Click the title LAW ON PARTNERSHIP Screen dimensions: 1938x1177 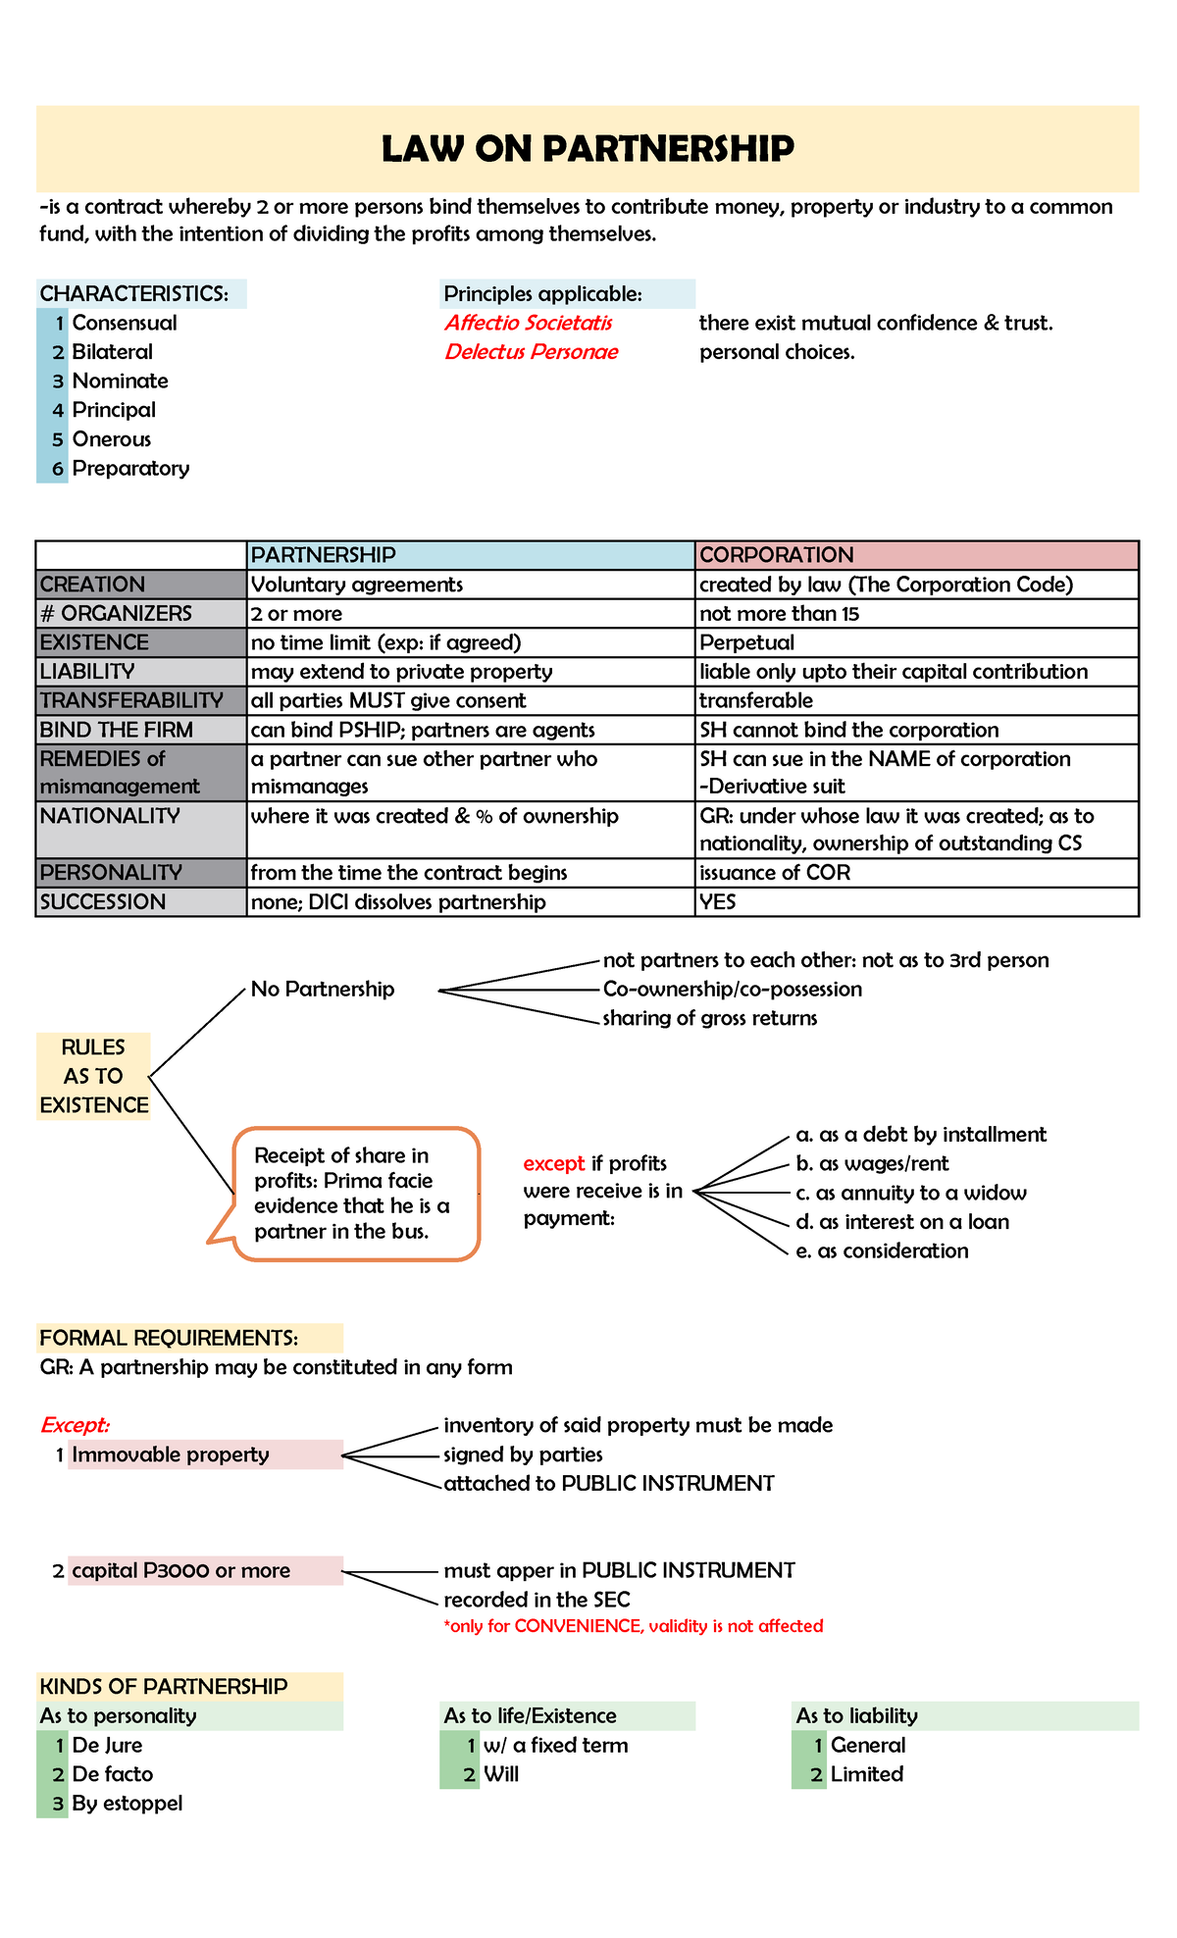(x=588, y=149)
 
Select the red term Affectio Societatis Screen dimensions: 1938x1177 (x=529, y=323)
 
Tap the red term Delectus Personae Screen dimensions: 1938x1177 (x=531, y=352)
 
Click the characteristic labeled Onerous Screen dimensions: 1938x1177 (x=112, y=439)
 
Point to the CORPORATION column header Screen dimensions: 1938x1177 (x=777, y=555)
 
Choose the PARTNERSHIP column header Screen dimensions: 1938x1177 (x=324, y=555)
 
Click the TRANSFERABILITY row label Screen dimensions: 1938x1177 (x=131, y=700)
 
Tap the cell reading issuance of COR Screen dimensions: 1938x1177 (x=775, y=873)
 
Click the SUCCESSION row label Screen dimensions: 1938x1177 (x=103, y=902)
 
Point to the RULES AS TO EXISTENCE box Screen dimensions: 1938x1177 (x=93, y=1076)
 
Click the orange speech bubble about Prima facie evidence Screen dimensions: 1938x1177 (x=353, y=1194)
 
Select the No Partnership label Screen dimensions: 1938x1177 (x=323, y=989)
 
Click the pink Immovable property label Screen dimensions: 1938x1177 (x=171, y=1454)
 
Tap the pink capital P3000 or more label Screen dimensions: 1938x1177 (x=181, y=1570)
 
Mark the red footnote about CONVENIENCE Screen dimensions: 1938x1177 (x=634, y=1626)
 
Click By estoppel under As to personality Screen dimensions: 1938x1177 (x=128, y=1803)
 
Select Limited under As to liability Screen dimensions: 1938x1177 (x=866, y=1773)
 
